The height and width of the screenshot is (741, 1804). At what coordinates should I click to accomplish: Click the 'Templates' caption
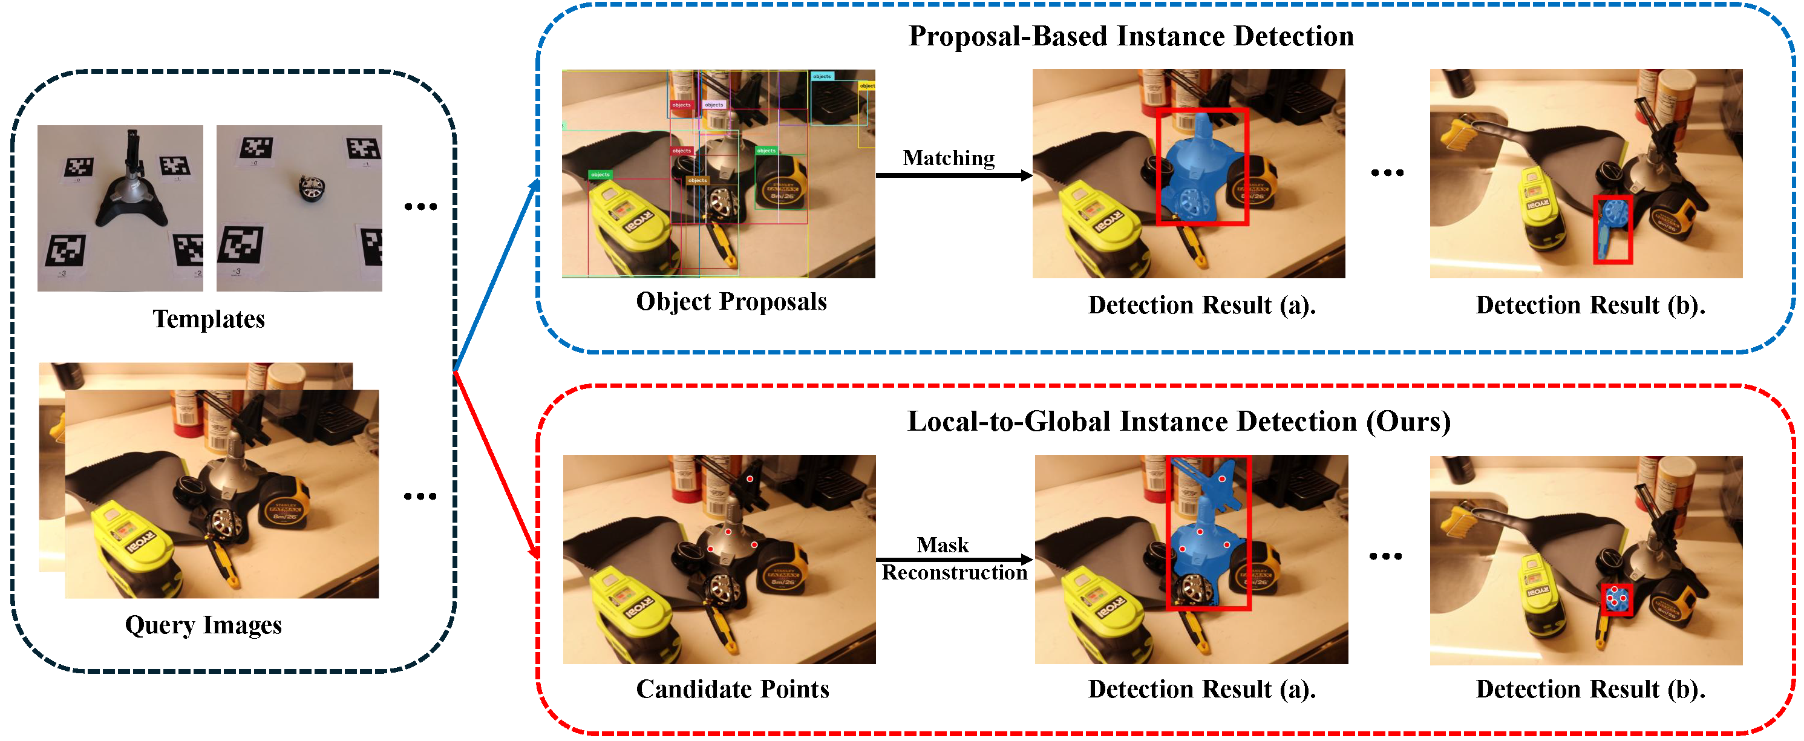(209, 319)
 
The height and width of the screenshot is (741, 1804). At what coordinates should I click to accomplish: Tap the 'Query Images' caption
(203, 625)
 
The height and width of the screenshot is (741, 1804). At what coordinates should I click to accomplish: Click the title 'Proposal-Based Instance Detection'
(1130, 36)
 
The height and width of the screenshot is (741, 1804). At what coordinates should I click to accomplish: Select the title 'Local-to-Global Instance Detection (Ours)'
(1178, 422)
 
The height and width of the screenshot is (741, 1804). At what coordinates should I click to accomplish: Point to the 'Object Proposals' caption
(731, 302)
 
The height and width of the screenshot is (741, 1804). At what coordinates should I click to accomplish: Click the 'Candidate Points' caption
(732, 689)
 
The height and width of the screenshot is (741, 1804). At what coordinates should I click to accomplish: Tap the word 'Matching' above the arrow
(948, 158)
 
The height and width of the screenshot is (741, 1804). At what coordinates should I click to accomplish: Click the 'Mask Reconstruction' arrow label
(953, 559)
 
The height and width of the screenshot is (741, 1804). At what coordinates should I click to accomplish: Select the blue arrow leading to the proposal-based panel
(497, 273)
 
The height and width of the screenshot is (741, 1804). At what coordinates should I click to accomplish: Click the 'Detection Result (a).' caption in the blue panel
(1201, 305)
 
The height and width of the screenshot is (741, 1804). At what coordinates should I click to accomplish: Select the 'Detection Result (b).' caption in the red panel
(1590, 689)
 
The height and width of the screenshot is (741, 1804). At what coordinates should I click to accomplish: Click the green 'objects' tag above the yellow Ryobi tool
(600, 174)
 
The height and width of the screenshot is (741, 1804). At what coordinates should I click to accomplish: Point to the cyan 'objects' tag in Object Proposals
(822, 76)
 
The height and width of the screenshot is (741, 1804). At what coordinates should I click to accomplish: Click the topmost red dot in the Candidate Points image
(750, 479)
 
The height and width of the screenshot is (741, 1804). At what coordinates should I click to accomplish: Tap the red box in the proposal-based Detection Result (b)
(1612, 230)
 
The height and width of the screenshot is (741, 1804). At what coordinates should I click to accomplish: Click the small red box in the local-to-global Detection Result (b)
(1616, 599)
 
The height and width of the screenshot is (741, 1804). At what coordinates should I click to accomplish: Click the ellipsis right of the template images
(420, 207)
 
